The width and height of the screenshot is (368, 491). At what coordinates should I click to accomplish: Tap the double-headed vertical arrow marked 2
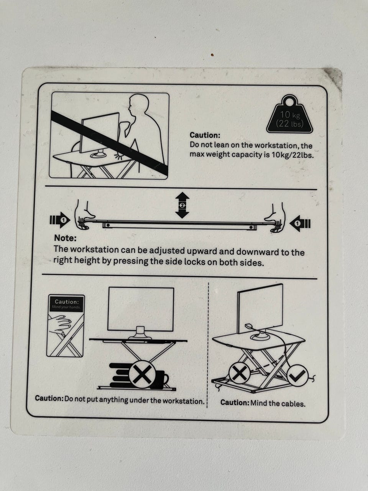(x=182, y=205)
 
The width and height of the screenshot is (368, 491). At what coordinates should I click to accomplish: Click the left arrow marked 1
(x=60, y=220)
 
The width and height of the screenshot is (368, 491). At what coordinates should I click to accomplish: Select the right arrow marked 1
(x=300, y=224)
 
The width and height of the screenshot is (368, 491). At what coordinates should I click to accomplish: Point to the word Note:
(x=65, y=238)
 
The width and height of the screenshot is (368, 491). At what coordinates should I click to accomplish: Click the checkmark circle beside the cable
(x=297, y=376)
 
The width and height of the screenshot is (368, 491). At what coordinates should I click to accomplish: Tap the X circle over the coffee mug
(x=142, y=374)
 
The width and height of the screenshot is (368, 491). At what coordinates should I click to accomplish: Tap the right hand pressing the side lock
(x=275, y=218)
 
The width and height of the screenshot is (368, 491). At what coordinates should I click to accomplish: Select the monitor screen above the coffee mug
(x=141, y=309)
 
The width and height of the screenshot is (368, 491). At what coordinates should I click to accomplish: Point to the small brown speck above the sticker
(x=212, y=54)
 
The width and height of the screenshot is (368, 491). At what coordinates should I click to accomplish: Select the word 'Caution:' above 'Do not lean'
(x=205, y=135)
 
